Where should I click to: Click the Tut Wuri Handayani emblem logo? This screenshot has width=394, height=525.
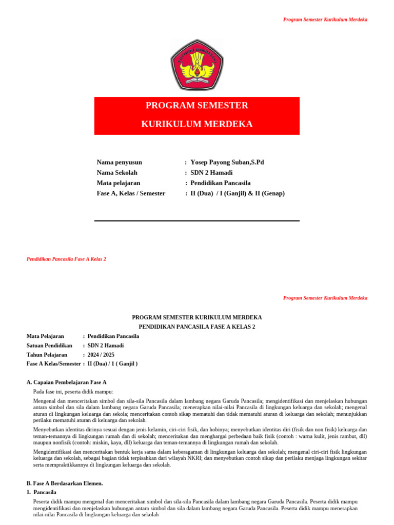tap(197, 65)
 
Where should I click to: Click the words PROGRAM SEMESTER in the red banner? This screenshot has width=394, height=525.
tap(197, 106)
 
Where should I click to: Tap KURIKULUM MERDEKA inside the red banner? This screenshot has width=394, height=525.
tap(197, 124)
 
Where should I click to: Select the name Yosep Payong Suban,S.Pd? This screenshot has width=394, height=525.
tap(227, 162)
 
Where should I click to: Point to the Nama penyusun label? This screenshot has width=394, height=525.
tap(120, 162)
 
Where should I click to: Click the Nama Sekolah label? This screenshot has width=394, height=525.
tap(117, 173)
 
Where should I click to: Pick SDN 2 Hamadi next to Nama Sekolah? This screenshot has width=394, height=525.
tap(211, 173)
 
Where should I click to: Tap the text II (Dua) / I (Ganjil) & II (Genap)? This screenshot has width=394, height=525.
tap(237, 193)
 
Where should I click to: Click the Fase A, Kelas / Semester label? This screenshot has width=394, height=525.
tap(131, 193)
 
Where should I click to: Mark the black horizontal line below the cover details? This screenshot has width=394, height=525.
tap(197, 221)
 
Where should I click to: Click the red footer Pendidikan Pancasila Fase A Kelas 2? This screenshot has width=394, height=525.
tap(66, 259)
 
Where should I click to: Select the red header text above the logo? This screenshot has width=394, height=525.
tap(325, 19)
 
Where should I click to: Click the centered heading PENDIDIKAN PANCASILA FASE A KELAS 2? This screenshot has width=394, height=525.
tap(197, 327)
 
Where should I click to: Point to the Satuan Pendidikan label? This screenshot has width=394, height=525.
tap(49, 346)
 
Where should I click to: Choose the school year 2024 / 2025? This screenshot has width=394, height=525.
tap(101, 355)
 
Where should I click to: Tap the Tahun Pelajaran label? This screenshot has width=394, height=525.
tap(47, 355)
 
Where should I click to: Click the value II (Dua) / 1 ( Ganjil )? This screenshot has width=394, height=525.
tap(112, 364)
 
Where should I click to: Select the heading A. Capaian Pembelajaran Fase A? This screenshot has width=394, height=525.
tap(66, 382)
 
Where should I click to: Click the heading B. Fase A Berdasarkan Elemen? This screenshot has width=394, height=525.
tap(65, 483)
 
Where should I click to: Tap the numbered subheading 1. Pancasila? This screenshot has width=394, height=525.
tap(45, 492)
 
